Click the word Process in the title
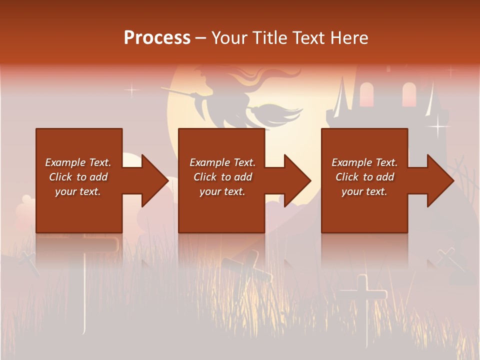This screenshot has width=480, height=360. [x=157, y=38]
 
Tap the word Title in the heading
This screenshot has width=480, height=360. [x=270, y=38]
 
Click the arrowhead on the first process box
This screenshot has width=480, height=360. [x=153, y=180]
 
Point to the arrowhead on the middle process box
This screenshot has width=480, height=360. [x=296, y=180]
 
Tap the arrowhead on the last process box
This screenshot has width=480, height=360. [x=439, y=180]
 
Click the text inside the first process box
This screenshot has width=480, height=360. [x=78, y=177]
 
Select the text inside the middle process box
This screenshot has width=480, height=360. [x=222, y=177]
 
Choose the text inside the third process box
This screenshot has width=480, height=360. [x=364, y=177]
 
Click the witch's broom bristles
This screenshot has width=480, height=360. [x=280, y=113]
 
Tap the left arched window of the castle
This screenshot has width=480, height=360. [x=366, y=94]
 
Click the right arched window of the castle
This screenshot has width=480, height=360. [x=409, y=94]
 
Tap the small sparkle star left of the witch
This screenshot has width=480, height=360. [x=132, y=90]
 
